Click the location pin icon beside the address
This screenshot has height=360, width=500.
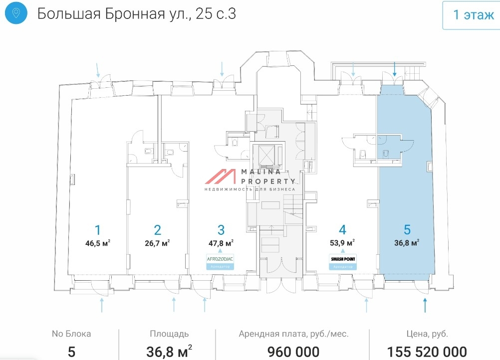(16, 13)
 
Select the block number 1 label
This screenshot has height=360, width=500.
(98, 230)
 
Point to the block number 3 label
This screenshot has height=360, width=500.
(221, 230)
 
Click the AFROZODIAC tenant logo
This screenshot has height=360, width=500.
(220, 259)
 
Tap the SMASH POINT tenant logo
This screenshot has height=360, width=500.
(342, 259)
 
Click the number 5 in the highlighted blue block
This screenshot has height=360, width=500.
(407, 230)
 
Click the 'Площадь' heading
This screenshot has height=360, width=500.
(169, 334)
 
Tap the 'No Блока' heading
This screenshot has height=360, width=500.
(71, 334)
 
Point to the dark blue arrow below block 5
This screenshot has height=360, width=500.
(425, 305)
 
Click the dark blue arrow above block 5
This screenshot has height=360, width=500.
(395, 68)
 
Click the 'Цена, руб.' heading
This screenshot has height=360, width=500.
(427, 334)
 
